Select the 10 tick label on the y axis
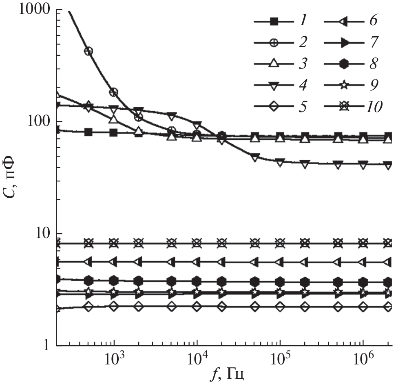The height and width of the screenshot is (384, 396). click(43, 234)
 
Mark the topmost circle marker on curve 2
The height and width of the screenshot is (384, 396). click(88, 51)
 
